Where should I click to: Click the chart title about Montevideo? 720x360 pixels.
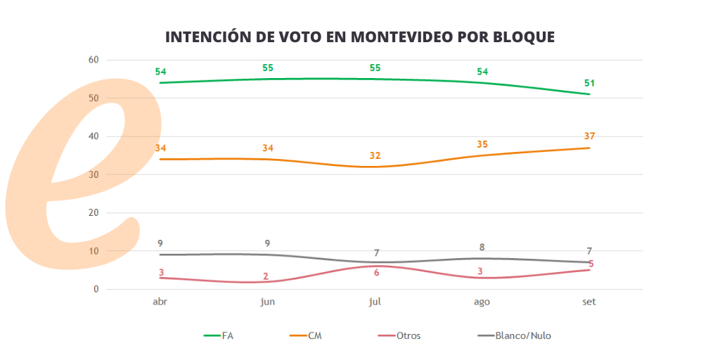[359, 37]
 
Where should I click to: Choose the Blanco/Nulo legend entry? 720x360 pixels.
[514, 335]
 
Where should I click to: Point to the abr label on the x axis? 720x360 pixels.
[160, 301]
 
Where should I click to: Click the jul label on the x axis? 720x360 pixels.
[375, 301]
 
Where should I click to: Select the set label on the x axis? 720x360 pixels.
[589, 301]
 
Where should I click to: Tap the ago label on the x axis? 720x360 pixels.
[482, 301]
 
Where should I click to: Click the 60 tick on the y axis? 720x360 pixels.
[94, 60]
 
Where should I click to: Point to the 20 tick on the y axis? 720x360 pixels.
[94, 212]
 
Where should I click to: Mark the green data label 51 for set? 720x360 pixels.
[589, 83]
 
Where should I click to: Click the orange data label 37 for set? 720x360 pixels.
[589, 136]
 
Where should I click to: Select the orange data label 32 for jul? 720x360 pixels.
[375, 155]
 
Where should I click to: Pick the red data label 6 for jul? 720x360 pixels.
[376, 273]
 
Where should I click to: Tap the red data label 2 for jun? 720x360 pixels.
[266, 276]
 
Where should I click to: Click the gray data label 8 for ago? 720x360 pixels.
[482, 247]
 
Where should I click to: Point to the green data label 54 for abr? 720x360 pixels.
[160, 72]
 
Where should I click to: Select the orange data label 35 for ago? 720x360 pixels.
[482, 144]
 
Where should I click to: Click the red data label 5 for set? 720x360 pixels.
[591, 264]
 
